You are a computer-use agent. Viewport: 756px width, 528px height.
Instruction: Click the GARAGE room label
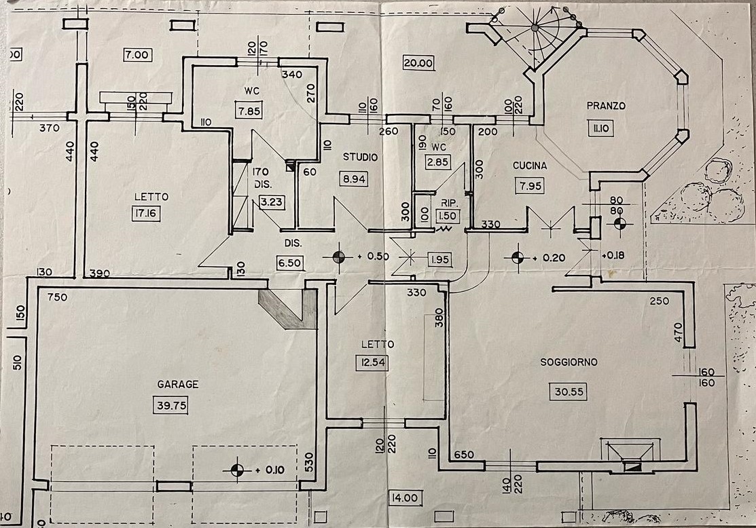178,384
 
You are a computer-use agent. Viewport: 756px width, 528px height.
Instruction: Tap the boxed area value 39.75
170,406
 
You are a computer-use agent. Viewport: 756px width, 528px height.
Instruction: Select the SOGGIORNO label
569,362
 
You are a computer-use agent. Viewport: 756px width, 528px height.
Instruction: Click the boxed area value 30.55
569,391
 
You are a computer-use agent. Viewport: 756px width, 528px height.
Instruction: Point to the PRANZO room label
606,106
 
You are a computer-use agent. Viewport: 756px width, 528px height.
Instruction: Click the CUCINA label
530,165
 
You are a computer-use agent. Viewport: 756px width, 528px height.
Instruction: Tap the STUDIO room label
360,157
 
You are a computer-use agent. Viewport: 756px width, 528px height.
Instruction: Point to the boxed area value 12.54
372,362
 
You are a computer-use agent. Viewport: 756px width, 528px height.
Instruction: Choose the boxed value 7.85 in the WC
249,111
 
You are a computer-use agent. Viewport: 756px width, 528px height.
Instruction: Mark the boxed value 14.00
403,498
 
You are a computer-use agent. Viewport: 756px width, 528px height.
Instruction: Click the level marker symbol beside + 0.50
338,257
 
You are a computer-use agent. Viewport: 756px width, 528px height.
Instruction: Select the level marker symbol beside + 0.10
236,469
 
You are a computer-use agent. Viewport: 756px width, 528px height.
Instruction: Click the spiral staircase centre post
535,28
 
